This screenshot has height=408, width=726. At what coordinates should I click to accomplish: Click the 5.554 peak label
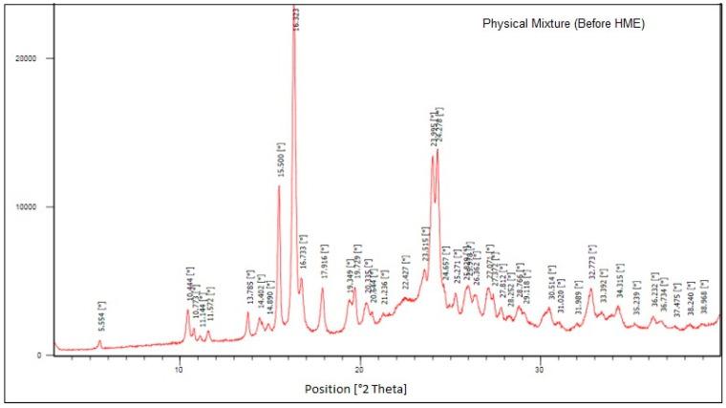[x=101, y=317]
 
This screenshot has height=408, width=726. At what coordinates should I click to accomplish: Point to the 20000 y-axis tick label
[x=31, y=58]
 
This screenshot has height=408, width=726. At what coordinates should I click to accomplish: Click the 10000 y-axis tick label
[x=31, y=207]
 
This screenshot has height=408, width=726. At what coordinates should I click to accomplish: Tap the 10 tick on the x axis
[x=179, y=368]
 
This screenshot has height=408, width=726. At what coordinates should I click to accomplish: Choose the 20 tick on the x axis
[x=360, y=368]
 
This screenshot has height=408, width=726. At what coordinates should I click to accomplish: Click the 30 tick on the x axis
[x=541, y=368]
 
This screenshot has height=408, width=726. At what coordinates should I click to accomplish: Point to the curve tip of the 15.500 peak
[x=279, y=186]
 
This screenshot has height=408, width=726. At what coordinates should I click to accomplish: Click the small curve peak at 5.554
[x=99, y=341]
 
